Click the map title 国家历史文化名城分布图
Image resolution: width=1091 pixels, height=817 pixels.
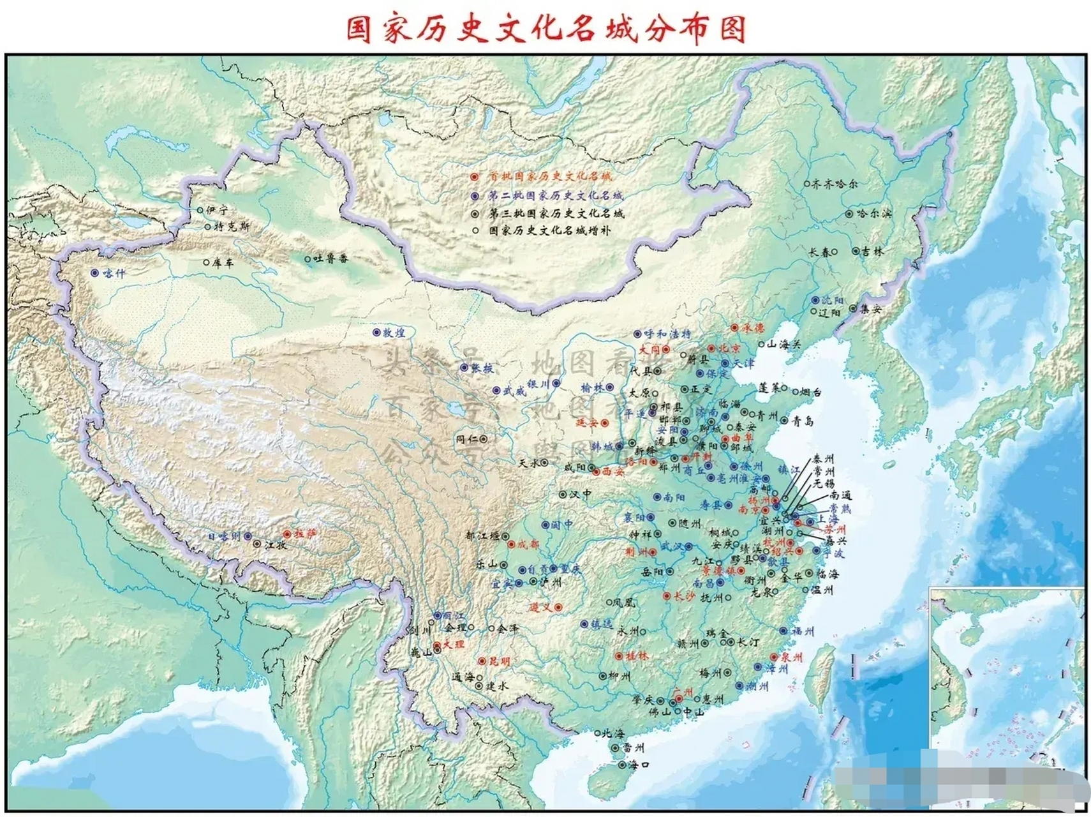(x=546, y=29)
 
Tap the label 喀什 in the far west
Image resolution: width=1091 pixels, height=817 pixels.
(x=115, y=274)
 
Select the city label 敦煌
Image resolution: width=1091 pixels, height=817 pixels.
(x=394, y=333)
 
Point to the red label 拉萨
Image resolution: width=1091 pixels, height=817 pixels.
(x=306, y=534)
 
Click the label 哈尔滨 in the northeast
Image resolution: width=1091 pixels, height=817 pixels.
(x=874, y=214)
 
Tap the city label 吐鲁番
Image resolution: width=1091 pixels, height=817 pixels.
(x=332, y=259)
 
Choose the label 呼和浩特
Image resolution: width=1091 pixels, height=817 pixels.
(x=667, y=334)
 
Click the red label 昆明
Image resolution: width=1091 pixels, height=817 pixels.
(x=500, y=662)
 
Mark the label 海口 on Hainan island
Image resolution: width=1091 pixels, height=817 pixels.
(x=639, y=765)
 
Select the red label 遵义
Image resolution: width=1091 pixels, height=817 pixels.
(x=541, y=608)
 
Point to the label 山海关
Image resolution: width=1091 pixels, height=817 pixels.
(x=783, y=345)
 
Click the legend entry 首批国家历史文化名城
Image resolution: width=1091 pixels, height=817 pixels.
(x=549, y=176)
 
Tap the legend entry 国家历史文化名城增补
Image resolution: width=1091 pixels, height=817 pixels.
(x=549, y=230)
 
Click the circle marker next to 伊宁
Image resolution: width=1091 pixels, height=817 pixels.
(x=200, y=210)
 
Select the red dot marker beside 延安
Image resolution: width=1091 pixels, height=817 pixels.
(x=605, y=423)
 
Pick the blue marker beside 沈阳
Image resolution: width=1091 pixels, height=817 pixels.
(x=815, y=300)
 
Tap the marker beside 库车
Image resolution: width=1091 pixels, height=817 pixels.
(x=206, y=262)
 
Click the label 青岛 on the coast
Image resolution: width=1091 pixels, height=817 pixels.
(x=803, y=421)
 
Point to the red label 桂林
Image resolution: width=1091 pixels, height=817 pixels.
(x=637, y=656)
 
